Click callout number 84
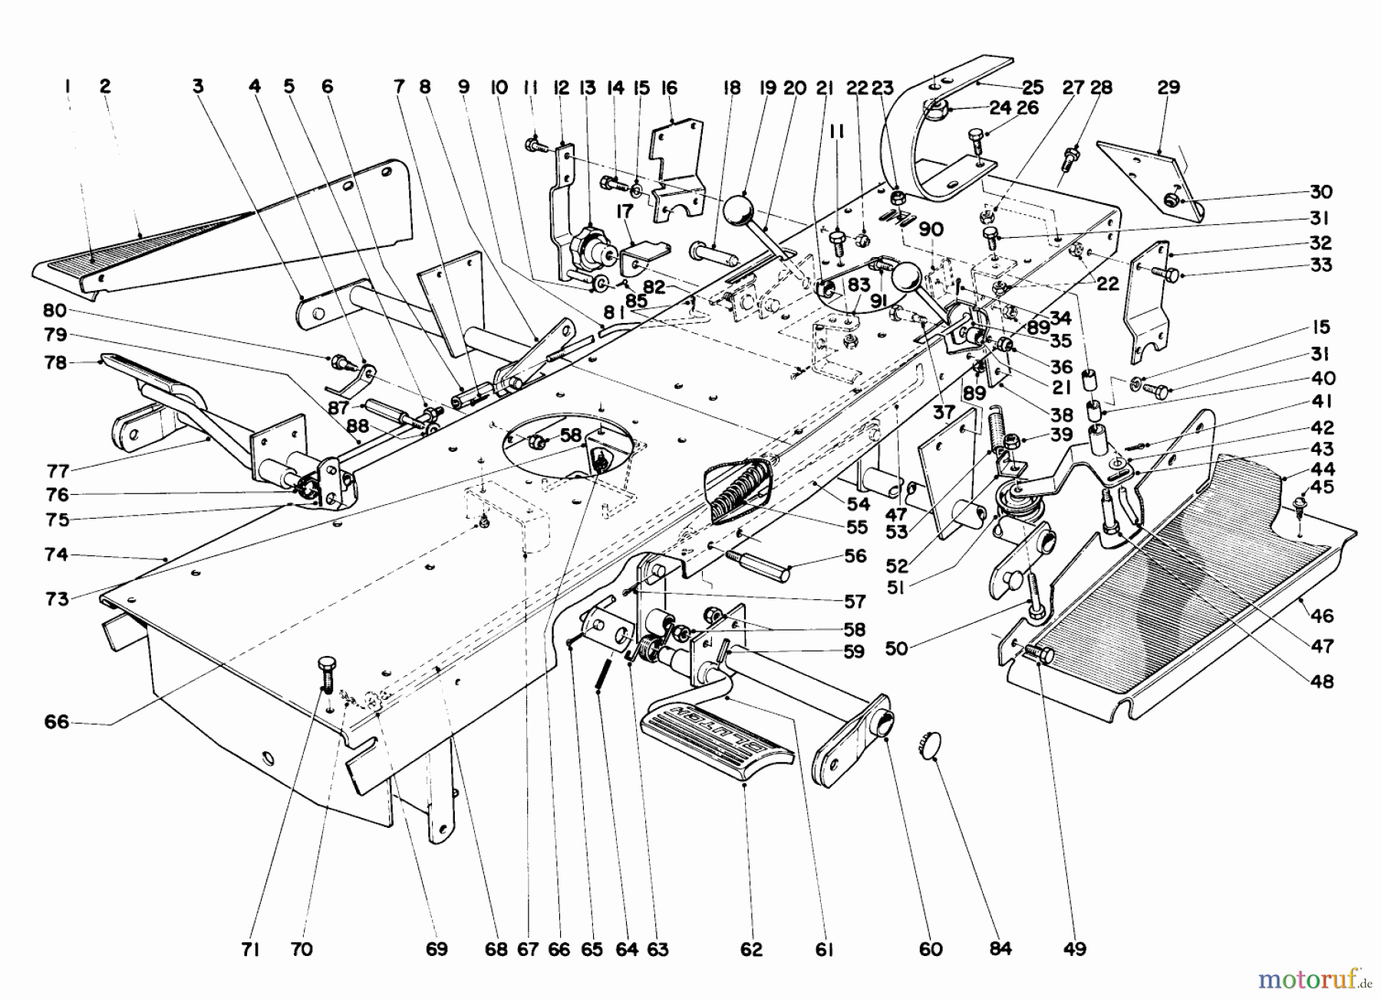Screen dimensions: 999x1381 click(x=1000, y=949)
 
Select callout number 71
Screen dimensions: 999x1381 click(x=250, y=949)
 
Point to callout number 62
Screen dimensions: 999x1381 click(x=751, y=949)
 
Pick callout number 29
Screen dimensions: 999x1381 click(x=1168, y=87)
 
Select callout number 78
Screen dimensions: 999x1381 click(x=56, y=362)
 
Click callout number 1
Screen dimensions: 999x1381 click(x=68, y=86)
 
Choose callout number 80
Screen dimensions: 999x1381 click(x=54, y=311)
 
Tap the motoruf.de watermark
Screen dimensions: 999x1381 click(x=1314, y=979)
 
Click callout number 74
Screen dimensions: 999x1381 click(x=56, y=554)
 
